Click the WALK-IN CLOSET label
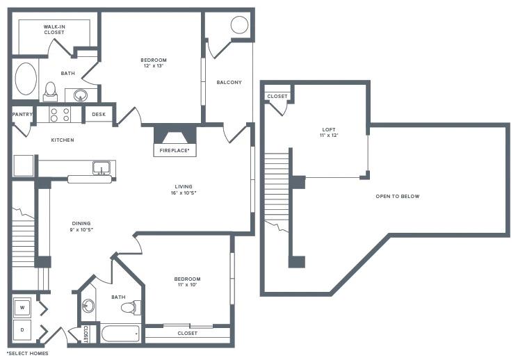[x=54, y=30]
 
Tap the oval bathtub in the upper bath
[x=26, y=80]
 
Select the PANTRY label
[x=23, y=115]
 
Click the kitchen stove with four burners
[x=59, y=114]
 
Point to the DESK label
[x=99, y=115]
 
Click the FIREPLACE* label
[x=175, y=149]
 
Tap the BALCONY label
[x=229, y=82]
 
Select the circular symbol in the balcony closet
[x=239, y=26]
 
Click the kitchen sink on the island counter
[x=102, y=167]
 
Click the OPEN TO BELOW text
[x=398, y=196]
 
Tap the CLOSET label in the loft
[x=277, y=97]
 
